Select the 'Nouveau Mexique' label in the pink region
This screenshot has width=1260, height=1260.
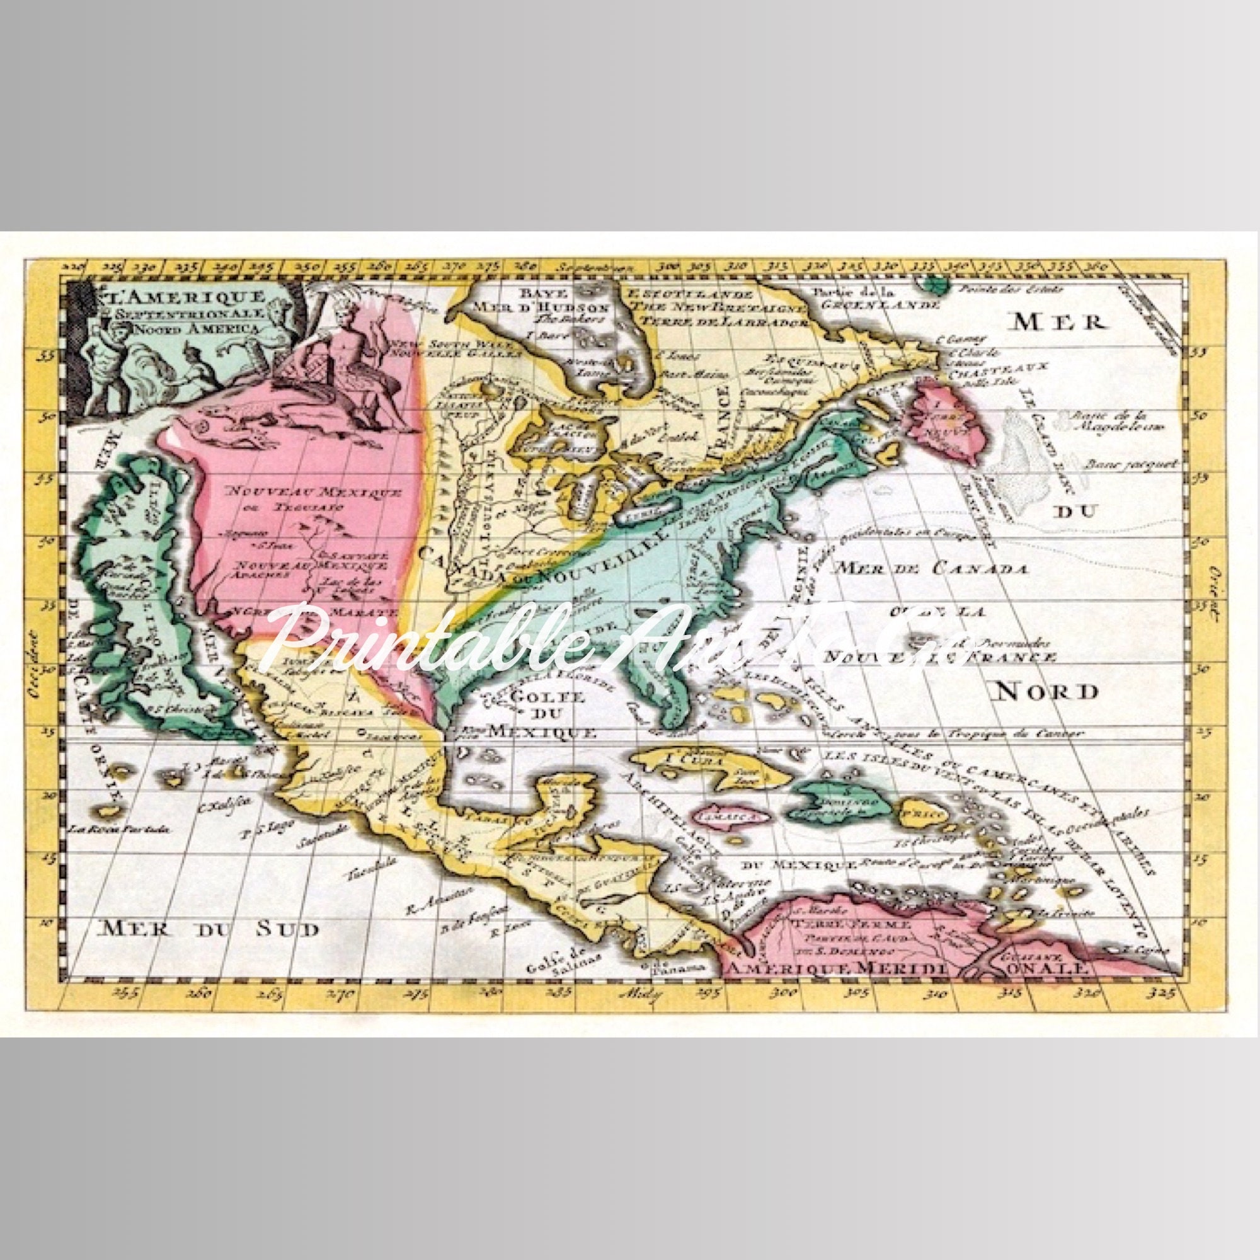[x=314, y=493]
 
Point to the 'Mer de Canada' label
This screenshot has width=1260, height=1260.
[x=933, y=568]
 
